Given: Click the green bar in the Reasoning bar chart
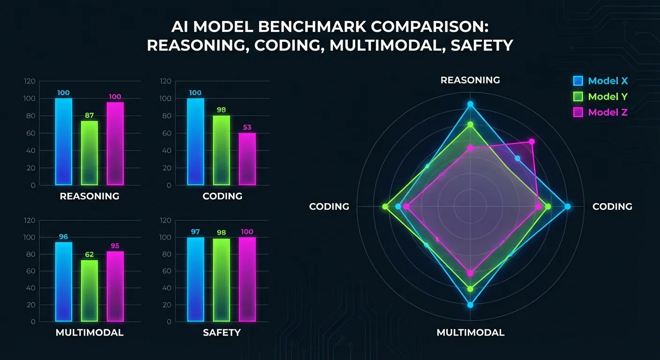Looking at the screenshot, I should coord(90,153).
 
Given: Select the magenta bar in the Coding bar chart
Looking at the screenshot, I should coord(247,159).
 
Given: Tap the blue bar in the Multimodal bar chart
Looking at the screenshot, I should coord(64,281).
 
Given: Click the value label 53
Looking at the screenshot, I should coord(247,127).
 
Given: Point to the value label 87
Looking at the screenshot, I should coord(90,115).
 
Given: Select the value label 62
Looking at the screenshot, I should coord(90,255).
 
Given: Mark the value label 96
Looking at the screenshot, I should coord(64,237).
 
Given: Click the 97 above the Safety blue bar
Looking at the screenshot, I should coord(195,232).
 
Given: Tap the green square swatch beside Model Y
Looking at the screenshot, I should coord(578,97).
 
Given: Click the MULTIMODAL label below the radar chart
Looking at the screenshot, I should coord(470,333).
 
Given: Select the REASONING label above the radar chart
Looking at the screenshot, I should coord(470,80).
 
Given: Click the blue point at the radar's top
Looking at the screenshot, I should coord(470,105).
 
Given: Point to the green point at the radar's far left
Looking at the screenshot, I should coord(386,207).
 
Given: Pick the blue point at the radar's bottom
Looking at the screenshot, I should coord(470,305).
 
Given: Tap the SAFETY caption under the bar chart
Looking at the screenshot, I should coord(222,333).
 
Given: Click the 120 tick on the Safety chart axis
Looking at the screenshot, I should coord(166,220).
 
